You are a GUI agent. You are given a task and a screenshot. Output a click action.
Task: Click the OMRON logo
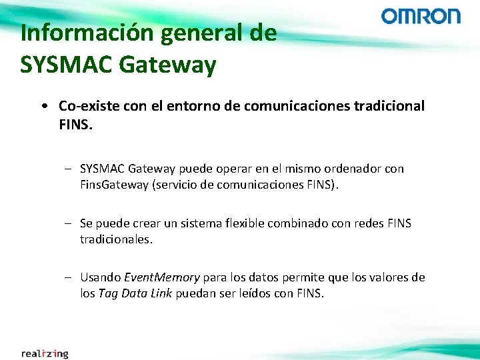pyautogui.click(x=421, y=16)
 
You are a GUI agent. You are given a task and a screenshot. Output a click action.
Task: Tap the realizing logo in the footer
pyautogui.click(x=44, y=353)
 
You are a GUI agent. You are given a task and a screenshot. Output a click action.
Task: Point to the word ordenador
pyautogui.click(x=353, y=169)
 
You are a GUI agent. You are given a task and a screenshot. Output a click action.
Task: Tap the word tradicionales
pyautogui.click(x=117, y=239)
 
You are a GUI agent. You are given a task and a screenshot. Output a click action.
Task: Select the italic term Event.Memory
pyautogui.click(x=162, y=277)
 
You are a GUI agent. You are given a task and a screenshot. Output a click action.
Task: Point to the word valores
pyautogui.click(x=390, y=277)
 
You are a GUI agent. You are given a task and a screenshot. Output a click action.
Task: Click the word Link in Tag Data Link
pyautogui.click(x=161, y=293)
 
